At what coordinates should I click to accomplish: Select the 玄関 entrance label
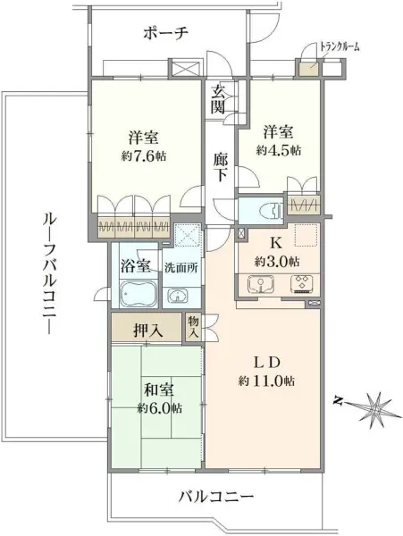click(x=218, y=97)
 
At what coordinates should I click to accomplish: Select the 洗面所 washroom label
click(x=180, y=268)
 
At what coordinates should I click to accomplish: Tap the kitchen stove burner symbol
click(x=300, y=285)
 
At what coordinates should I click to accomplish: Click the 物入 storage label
click(x=194, y=327)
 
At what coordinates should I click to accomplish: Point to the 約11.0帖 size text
click(x=266, y=381)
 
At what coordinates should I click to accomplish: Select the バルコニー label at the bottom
click(x=215, y=497)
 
